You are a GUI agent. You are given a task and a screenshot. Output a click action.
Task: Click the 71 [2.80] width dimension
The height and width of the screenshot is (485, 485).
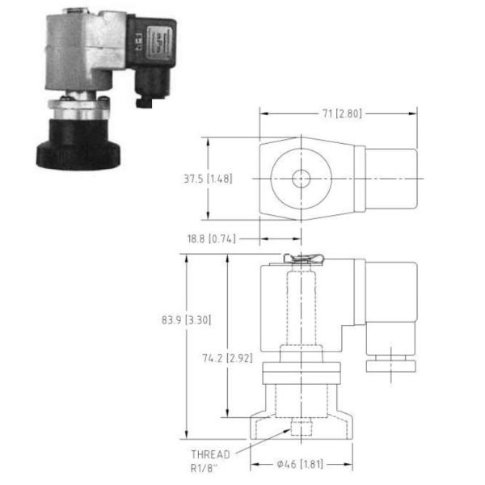tap(338, 113)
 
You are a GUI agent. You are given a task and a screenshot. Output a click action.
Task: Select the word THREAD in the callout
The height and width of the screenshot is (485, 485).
tap(209, 453)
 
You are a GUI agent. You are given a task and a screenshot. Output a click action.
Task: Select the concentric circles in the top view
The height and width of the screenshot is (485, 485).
tap(302, 179)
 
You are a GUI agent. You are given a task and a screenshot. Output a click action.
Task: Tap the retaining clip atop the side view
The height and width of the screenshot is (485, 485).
tap(302, 259)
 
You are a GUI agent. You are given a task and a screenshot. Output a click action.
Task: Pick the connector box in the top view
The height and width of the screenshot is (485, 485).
tap(390, 179)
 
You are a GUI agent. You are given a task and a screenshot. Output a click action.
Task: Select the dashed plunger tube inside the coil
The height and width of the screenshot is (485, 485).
tap(302, 307)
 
